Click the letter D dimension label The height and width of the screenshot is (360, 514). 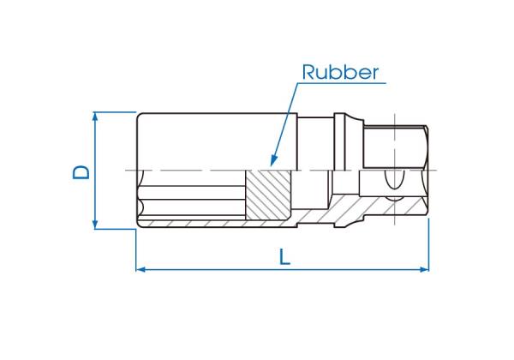(x=80, y=171)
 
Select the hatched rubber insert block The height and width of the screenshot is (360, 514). (x=270, y=195)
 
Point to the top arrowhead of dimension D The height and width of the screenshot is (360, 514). (x=96, y=116)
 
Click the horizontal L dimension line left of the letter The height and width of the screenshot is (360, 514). (x=206, y=269)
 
